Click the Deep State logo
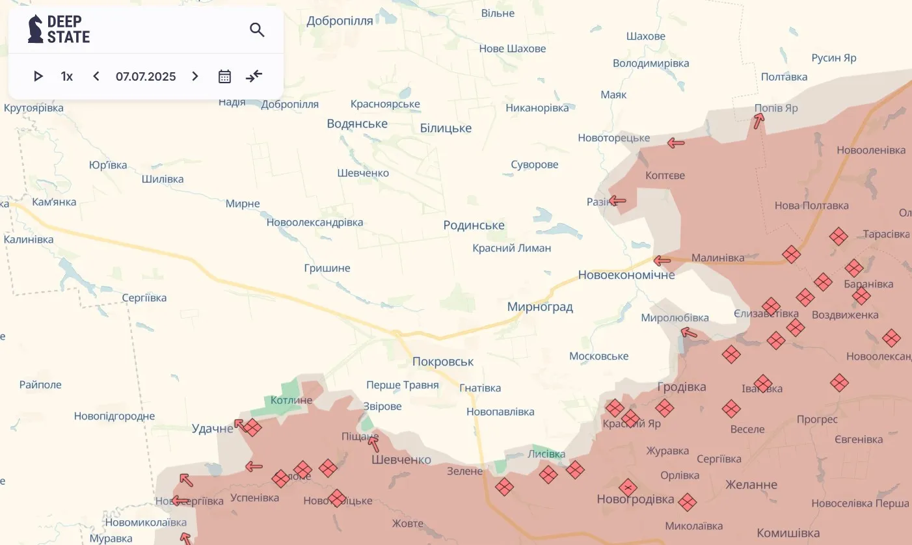click(x=59, y=29)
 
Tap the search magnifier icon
click(x=257, y=30)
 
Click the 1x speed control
click(x=67, y=76)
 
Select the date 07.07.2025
click(x=146, y=76)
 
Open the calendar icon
click(x=224, y=76)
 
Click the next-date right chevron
click(x=195, y=76)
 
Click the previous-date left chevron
click(x=96, y=76)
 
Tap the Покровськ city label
click(x=443, y=362)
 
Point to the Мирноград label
click(x=540, y=307)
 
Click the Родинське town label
click(x=474, y=225)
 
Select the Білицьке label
click(x=446, y=128)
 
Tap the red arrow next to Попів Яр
click(x=758, y=121)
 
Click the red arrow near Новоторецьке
click(x=676, y=142)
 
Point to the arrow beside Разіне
click(x=617, y=201)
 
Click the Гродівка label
click(x=682, y=387)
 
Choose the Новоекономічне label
click(x=626, y=274)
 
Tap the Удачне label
click(x=212, y=429)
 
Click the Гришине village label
click(x=327, y=268)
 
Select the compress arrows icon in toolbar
click(x=254, y=76)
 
